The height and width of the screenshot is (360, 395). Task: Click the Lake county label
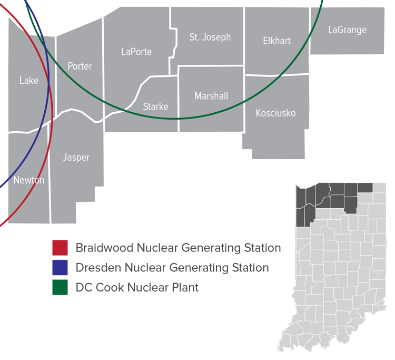point(29,81)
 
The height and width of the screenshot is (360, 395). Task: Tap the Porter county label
point(80,66)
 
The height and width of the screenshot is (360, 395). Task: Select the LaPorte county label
point(136,52)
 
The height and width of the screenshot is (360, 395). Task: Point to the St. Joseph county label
point(210,37)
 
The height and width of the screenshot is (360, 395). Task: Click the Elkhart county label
point(276,41)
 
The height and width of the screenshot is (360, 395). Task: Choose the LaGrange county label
point(347,30)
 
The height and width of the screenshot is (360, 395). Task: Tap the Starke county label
point(156,106)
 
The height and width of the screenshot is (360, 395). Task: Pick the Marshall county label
point(211,96)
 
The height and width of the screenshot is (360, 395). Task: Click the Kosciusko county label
point(275,113)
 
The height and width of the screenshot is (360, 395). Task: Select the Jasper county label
point(76,157)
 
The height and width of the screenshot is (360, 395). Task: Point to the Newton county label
point(29,180)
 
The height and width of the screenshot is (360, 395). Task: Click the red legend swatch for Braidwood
point(60,248)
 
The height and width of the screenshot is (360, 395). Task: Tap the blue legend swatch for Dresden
point(60,268)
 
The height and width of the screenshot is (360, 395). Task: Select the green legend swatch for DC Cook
point(60,287)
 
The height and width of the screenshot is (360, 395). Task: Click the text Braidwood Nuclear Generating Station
point(178,248)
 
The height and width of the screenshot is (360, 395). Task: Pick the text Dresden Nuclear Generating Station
point(172,268)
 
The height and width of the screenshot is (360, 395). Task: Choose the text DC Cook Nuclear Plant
point(137,287)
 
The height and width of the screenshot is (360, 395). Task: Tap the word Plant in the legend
point(184,287)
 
